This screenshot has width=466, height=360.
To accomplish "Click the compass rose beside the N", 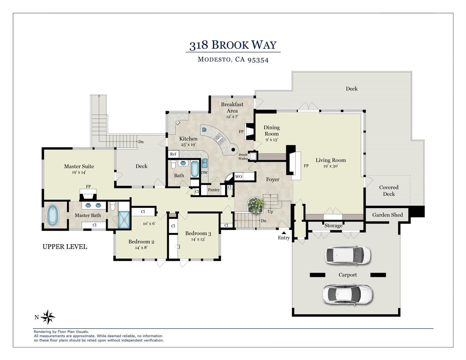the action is tap(48, 317).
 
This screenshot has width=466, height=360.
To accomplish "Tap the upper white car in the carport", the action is tap(348, 255).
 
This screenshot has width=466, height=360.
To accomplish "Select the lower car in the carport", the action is tap(348, 294).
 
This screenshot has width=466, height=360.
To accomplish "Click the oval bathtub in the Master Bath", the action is tap(53, 215).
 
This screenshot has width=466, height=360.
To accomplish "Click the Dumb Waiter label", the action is tap(243, 157).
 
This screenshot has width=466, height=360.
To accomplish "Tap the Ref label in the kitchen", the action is tap(173, 154).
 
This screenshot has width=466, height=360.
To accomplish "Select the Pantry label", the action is tap(214, 190).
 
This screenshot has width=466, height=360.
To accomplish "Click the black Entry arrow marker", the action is tap(284, 233).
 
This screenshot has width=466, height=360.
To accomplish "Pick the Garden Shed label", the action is tap(387, 215).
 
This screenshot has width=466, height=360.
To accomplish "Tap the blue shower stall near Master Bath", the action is tap(124, 220).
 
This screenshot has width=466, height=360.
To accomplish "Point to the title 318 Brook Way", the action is tap(233, 45).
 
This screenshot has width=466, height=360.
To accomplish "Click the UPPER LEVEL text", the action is tap(65, 247).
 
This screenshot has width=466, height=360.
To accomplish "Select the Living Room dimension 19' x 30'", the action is tap(331, 166).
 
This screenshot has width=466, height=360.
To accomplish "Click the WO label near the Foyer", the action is tap(239, 177).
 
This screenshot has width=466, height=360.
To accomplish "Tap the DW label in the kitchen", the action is tap(204, 172).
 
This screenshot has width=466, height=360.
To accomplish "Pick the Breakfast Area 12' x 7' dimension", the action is tap(232, 117).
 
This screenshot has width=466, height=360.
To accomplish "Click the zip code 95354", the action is tap(258, 60).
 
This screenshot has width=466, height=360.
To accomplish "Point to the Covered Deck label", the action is tap(389, 191).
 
